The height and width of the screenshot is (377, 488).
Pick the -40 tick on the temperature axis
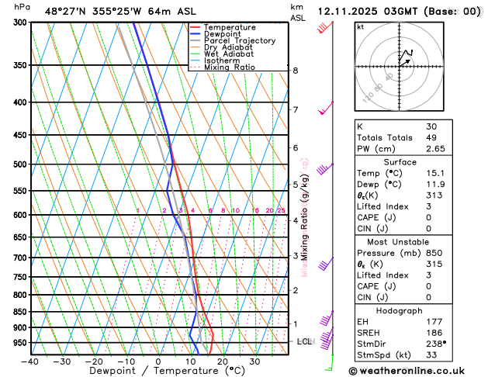point(30,361)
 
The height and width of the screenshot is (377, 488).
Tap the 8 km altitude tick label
point(296,71)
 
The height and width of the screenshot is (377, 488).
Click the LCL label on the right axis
point(305,341)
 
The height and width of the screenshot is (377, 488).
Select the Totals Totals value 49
point(431,137)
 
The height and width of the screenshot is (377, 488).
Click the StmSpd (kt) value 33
point(431,356)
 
